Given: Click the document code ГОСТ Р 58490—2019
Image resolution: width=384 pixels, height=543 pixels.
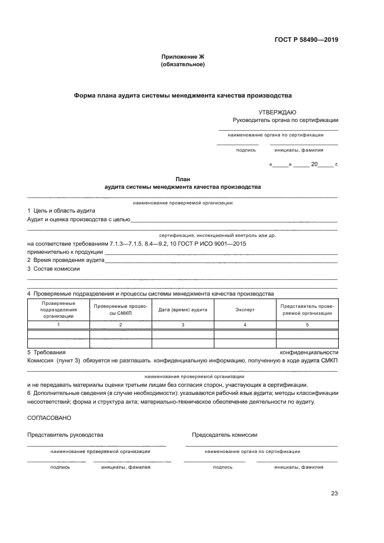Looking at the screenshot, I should [x=306, y=40].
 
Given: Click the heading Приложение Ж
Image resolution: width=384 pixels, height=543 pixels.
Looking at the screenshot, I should [x=182, y=56].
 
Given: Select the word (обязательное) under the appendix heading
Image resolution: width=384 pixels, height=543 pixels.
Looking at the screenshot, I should [x=182, y=64].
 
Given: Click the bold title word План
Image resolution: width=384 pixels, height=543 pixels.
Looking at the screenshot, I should [x=182, y=179].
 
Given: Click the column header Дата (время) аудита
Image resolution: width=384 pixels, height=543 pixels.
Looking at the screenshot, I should [x=182, y=310].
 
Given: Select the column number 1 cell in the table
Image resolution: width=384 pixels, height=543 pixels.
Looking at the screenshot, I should [x=58, y=324].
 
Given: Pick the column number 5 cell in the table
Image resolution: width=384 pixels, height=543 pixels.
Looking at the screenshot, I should [x=307, y=324].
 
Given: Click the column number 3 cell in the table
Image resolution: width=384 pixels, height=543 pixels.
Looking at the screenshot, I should [x=182, y=324].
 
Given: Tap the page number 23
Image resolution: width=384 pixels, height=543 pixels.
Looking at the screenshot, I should [x=334, y=494].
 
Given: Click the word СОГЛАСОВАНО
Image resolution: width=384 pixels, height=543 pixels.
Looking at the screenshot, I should [x=50, y=418].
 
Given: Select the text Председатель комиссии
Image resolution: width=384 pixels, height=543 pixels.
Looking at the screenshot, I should [x=224, y=434].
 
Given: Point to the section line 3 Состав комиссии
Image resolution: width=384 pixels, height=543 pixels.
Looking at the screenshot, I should [x=53, y=269].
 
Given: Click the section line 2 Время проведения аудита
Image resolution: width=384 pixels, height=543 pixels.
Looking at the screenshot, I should [x=66, y=260].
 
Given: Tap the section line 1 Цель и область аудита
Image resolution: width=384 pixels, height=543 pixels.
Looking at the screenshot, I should [x=61, y=210].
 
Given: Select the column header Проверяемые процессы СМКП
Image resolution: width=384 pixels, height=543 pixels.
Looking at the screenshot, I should [x=120, y=310].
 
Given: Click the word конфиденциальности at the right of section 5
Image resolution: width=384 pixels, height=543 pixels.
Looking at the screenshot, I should [x=308, y=353].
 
